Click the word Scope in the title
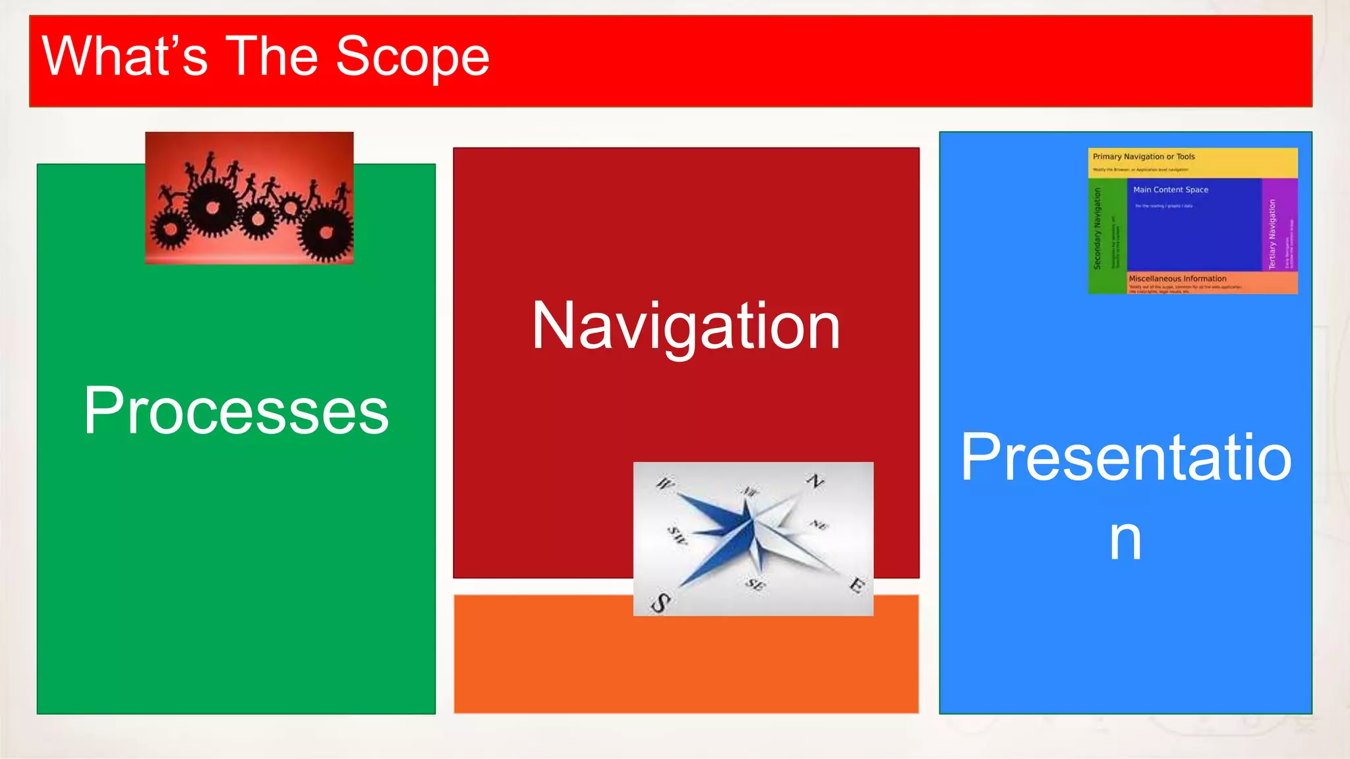(x=413, y=57)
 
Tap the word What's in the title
(x=125, y=57)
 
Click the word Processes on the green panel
(x=236, y=410)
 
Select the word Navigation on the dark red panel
(x=686, y=325)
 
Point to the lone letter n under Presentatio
(x=1125, y=539)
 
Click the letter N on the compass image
(x=815, y=480)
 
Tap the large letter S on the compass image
(x=660, y=602)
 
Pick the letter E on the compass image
(x=856, y=584)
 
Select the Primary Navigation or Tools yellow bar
(x=1192, y=162)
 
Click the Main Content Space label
(x=1171, y=190)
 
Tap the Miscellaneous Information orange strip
(x=1212, y=283)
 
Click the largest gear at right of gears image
(x=326, y=232)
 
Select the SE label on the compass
(x=755, y=584)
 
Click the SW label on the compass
(x=677, y=535)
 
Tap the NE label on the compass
(x=818, y=524)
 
